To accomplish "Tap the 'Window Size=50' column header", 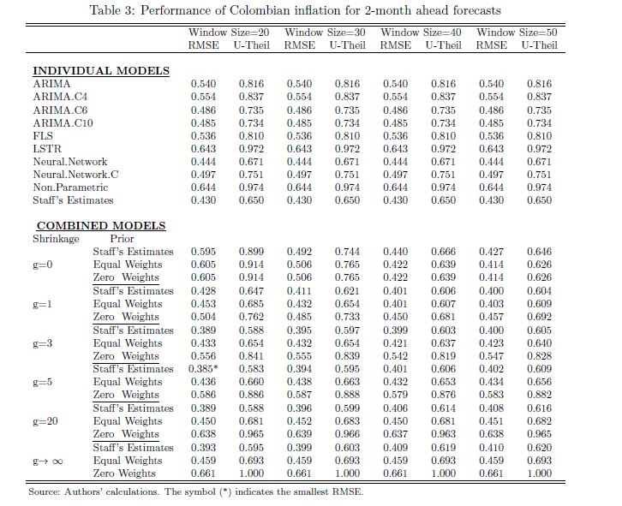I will point(511,32).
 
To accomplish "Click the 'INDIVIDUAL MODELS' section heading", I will point(101,71).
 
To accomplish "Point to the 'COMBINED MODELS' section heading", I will point(101,226).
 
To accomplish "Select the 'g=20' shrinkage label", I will point(45,421).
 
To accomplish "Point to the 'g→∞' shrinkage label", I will point(46,461).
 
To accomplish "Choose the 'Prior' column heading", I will point(122,239).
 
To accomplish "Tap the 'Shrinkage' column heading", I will point(57,239).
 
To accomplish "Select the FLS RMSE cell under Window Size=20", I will point(202,136).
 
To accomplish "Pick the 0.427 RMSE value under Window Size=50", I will point(491,253).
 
